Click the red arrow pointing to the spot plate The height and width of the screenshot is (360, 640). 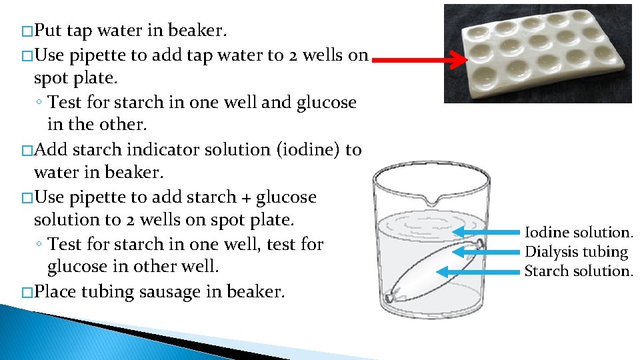point(420,61)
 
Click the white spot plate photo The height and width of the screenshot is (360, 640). point(538,53)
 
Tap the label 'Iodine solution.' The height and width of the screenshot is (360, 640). point(579,233)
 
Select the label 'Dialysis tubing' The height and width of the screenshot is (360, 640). point(576,252)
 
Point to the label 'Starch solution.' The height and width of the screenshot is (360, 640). point(578,271)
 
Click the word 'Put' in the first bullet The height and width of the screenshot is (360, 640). point(48,31)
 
